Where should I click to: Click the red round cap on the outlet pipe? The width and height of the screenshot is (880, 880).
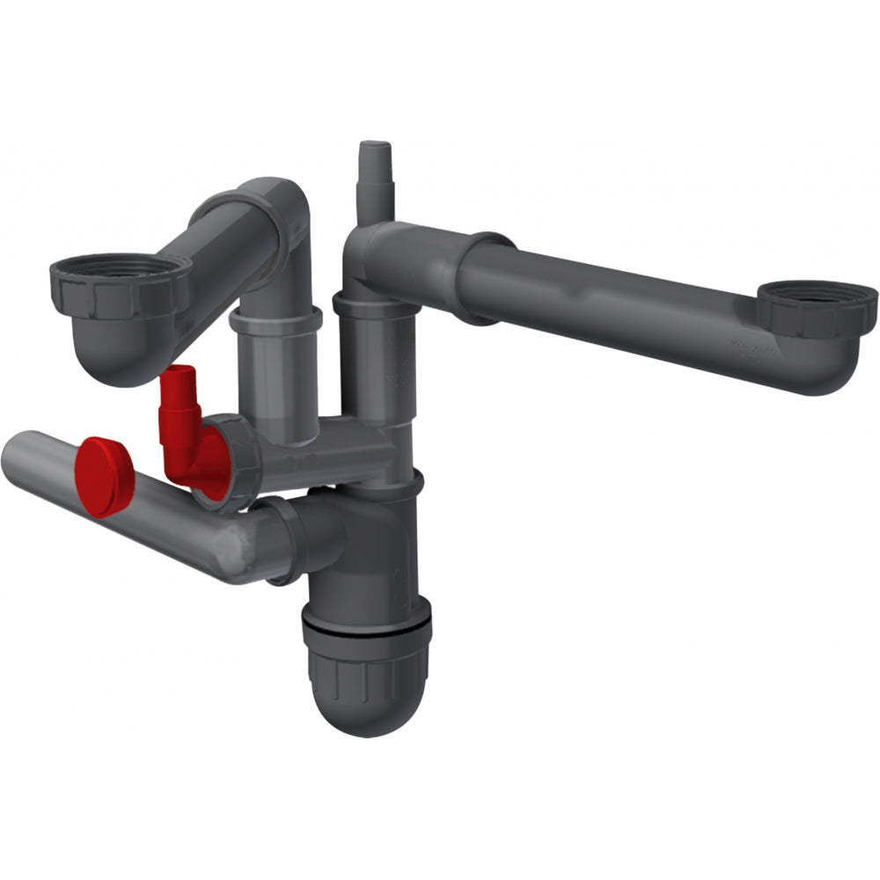[x=104, y=475]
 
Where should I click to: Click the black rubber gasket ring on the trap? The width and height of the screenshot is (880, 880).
[x=366, y=627]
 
